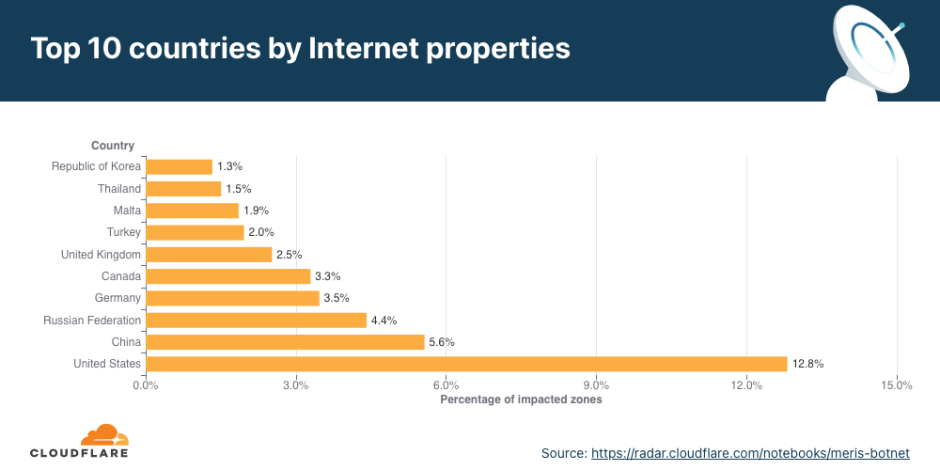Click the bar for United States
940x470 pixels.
click(466, 364)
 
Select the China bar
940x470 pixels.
click(285, 342)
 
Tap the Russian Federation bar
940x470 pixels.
click(256, 321)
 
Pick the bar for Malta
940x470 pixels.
click(193, 211)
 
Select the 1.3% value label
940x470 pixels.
click(230, 166)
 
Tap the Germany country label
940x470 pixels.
click(117, 298)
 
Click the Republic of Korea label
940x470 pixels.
click(96, 166)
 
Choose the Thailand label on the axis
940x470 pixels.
click(119, 189)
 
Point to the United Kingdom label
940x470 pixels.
click(101, 255)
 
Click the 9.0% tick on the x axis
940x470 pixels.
click(596, 384)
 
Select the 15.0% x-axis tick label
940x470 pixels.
click(897, 384)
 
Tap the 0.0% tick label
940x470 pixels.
click(146, 384)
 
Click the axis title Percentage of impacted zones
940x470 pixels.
click(521, 399)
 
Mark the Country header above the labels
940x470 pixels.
click(113, 146)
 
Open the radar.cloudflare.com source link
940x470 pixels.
click(750, 453)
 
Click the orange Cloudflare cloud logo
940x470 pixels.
click(103, 434)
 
